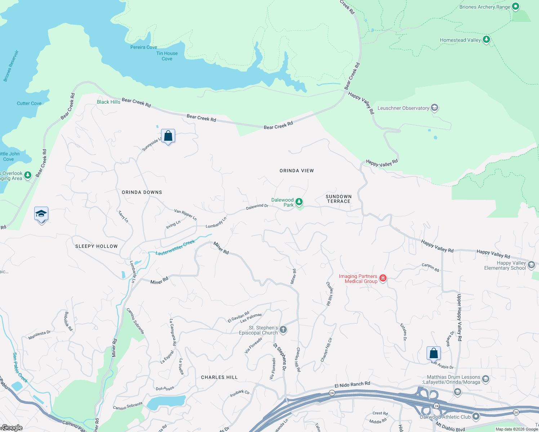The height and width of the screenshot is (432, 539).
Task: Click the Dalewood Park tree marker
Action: [x=299, y=202]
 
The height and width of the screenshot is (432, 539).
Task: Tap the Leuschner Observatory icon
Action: [x=435, y=108]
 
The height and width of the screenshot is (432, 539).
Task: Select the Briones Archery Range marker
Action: [x=515, y=6]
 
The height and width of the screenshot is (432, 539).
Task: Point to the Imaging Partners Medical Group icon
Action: [x=383, y=278]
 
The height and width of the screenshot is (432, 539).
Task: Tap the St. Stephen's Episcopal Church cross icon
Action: [x=283, y=329]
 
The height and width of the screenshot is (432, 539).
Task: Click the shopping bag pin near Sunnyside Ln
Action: [x=168, y=136]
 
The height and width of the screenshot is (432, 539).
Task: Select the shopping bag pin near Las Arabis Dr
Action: [x=433, y=353]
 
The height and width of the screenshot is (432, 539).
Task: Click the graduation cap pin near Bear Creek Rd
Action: [x=41, y=214]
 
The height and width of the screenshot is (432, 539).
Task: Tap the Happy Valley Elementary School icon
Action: [x=531, y=265]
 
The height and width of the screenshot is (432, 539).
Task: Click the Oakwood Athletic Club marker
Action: [x=476, y=417]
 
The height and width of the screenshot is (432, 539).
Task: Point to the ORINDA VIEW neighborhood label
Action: [x=297, y=171]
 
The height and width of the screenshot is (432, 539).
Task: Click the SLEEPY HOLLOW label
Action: [x=96, y=246]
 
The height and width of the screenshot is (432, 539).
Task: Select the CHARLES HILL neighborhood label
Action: [x=219, y=377]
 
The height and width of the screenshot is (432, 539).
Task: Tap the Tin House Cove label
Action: [x=167, y=56]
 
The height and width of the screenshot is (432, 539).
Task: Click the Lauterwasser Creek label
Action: [x=175, y=248]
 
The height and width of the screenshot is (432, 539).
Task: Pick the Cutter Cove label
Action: [x=29, y=103]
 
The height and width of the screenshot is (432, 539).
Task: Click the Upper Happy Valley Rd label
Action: [x=459, y=317]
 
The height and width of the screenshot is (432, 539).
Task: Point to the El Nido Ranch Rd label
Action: [x=352, y=384]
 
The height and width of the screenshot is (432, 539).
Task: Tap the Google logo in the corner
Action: [x=12, y=428]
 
